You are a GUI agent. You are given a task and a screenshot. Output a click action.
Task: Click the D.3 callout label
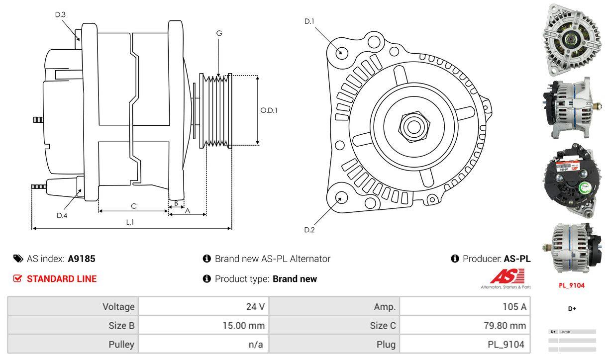click(x=60, y=14)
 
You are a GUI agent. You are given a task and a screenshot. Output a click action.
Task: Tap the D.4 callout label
click(x=62, y=215)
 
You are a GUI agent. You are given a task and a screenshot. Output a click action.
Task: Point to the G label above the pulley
click(x=219, y=33)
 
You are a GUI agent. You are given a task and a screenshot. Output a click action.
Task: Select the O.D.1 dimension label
click(x=269, y=110)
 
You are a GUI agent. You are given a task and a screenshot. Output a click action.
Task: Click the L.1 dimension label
click(x=130, y=222)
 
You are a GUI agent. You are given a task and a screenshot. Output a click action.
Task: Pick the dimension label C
click(x=133, y=206)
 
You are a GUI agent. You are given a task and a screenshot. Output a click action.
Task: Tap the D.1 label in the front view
click(x=309, y=21)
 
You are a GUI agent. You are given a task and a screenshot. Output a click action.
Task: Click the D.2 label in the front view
click(x=309, y=230)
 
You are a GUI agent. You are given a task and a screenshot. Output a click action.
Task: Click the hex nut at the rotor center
click(x=412, y=125)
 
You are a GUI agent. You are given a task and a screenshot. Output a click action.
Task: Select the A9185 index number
click(x=82, y=259)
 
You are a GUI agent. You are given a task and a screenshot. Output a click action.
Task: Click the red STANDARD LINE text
click(x=62, y=279)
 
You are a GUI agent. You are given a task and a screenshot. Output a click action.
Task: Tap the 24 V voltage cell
click(x=255, y=306)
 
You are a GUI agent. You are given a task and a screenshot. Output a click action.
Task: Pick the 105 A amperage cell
click(x=514, y=306)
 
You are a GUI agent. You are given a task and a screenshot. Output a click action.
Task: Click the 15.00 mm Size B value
click(x=243, y=326)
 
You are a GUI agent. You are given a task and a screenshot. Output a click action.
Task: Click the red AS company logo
click(x=507, y=276)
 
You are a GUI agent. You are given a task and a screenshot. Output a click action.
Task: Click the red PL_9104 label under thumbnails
click(x=572, y=285)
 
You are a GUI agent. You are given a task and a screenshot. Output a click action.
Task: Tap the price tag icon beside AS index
click(x=18, y=259)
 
